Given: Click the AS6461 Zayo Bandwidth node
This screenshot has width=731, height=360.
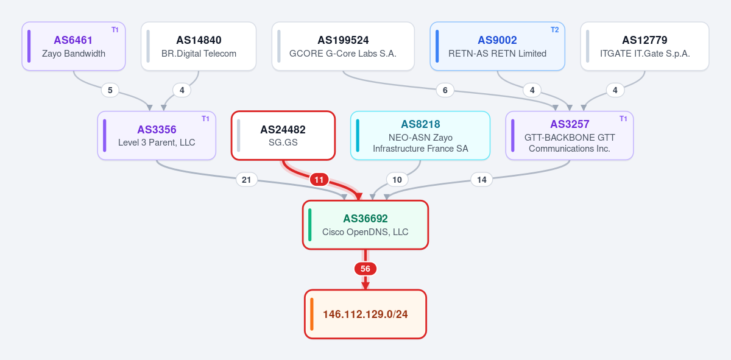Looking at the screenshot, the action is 74,46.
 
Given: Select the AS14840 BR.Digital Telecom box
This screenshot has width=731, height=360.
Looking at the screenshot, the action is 199,46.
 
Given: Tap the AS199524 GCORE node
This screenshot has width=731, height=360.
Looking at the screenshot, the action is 343,46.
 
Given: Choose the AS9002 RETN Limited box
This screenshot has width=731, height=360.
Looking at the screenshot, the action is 497,46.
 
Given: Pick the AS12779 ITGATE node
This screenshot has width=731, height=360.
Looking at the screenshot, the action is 645,46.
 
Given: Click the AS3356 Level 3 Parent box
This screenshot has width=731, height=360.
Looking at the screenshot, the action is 157,135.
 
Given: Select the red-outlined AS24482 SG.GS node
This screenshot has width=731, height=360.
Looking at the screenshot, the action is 283,135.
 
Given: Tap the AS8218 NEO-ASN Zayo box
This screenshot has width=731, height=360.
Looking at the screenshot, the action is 420,135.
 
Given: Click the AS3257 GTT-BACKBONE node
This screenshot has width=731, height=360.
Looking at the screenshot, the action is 570,135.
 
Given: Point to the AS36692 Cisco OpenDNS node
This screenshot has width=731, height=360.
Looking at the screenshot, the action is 365,225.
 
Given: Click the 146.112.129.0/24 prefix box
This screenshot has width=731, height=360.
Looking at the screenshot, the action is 365,314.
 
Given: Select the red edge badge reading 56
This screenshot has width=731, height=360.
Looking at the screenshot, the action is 365,269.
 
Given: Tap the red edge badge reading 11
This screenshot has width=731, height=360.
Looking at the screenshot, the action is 319,180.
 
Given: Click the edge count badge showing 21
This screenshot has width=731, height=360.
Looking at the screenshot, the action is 246,180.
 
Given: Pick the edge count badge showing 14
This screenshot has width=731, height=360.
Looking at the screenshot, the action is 482,180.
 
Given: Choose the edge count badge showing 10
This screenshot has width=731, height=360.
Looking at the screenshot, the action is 397,180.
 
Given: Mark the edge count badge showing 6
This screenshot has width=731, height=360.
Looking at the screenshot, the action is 445,90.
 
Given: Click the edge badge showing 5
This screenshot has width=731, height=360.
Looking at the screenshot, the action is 110,90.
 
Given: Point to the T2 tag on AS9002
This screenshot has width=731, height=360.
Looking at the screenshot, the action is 555,30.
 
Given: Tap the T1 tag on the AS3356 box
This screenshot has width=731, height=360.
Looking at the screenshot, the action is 205,119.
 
